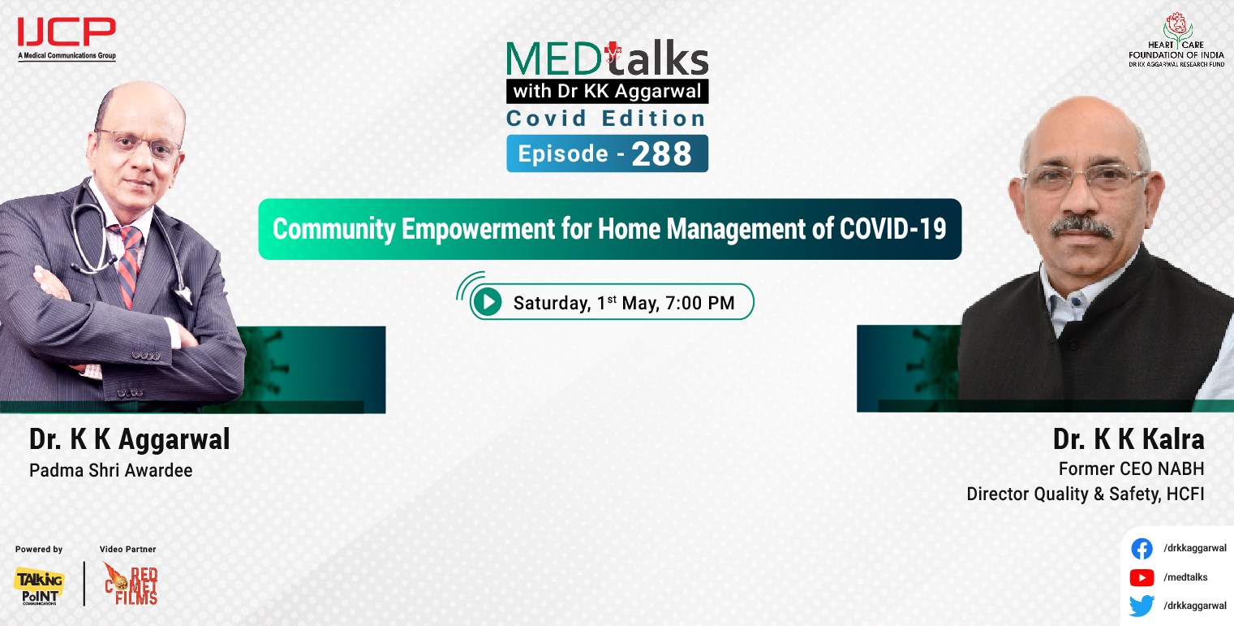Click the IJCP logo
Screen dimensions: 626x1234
point(67,37)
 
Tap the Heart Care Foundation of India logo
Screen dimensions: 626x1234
point(1176,40)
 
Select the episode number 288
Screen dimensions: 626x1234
point(660,154)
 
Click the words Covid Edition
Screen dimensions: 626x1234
point(606,119)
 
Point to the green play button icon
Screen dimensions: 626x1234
point(487,303)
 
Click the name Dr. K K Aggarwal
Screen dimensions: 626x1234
point(130,439)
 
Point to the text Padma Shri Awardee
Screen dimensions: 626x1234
point(110,470)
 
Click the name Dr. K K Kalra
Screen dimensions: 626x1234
point(1128,439)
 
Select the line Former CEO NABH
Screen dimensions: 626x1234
point(1131,468)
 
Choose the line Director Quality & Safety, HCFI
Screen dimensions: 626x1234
point(1085,494)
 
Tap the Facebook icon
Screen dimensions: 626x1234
point(1142,549)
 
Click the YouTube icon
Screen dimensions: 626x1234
point(1142,577)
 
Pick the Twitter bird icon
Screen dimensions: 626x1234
point(1142,606)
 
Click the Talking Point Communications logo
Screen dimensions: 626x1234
point(38,585)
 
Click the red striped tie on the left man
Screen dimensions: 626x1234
point(128,264)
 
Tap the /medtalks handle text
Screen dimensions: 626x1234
point(1185,577)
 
